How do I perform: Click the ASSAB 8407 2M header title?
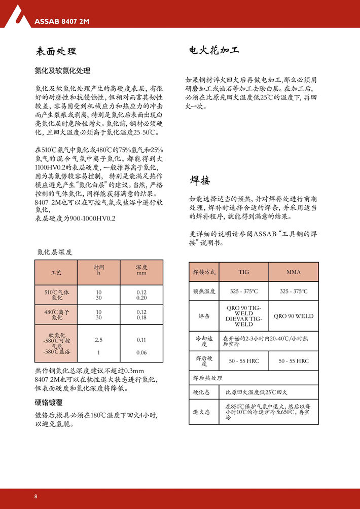coord(62,21)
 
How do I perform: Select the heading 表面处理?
coord(56,52)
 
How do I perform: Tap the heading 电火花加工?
coord(213,51)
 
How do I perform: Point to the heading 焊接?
coord(200,180)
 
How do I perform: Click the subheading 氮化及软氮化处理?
coord(62,71)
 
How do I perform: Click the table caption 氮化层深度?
coord(55,251)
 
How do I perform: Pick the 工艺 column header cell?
coord(56,273)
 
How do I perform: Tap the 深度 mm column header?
coord(141,270)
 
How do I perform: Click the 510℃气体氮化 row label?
coord(56,295)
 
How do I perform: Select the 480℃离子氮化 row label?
coord(56,315)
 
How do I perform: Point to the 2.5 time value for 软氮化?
coord(99,339)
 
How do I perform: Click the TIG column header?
coord(244,272)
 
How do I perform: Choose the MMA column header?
coord(294,272)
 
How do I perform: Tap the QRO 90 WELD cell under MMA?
coord(294,316)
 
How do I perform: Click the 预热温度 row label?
coord(204,292)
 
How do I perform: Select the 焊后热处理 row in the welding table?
coord(208,378)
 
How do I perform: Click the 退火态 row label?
coord(201,412)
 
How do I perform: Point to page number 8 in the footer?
coord(36,496)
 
